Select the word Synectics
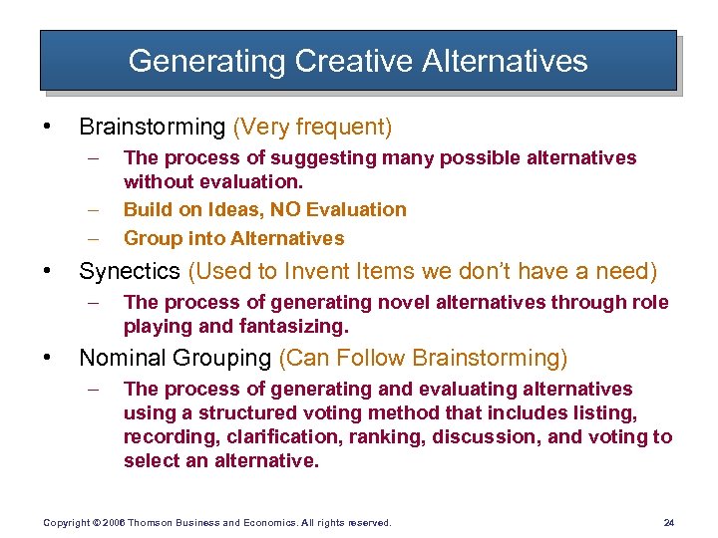129,271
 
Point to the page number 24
668,522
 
